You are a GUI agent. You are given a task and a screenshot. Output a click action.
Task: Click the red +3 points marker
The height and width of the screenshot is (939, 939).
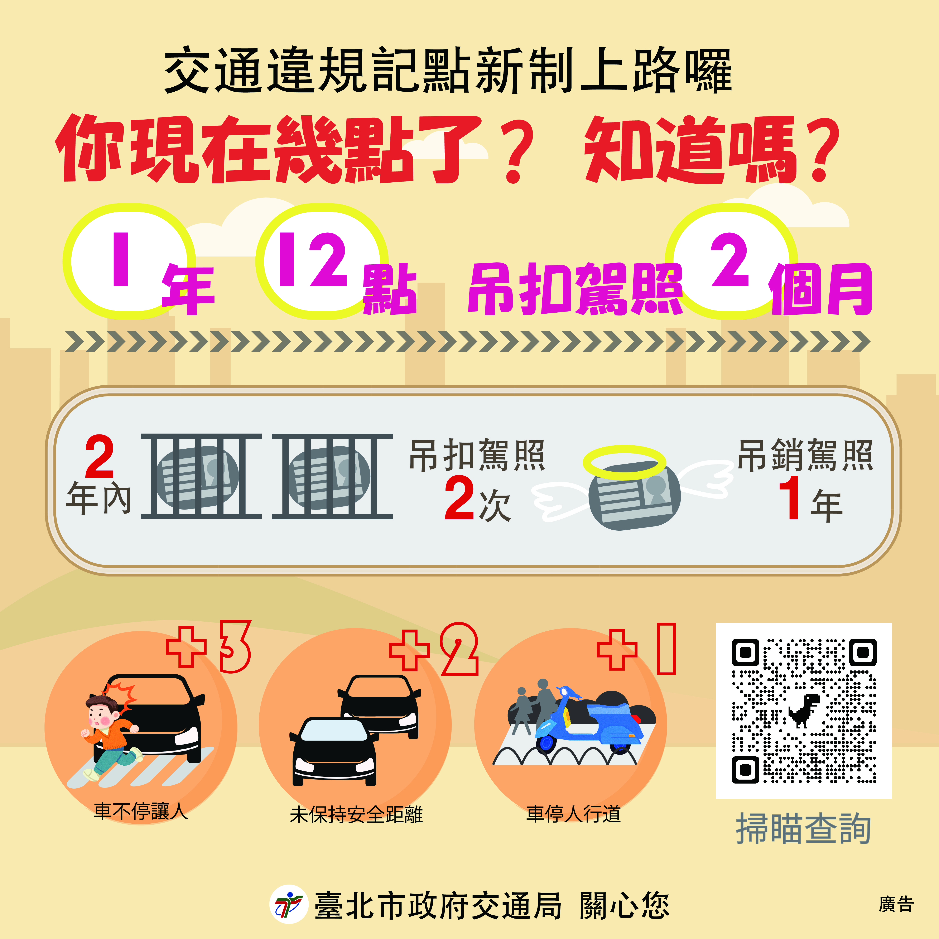209,646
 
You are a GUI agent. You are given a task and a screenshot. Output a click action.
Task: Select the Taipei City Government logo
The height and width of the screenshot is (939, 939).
289,904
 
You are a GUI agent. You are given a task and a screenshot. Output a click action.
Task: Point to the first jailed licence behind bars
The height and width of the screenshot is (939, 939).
200,476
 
